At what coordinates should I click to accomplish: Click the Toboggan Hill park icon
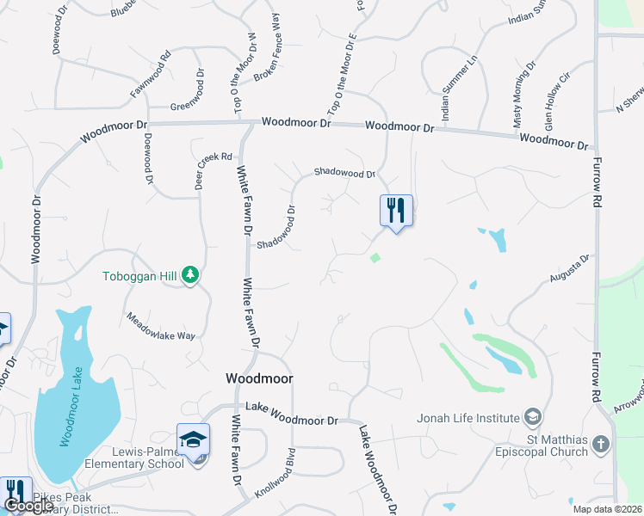point(189,275)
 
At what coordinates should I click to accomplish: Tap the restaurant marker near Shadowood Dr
point(396,209)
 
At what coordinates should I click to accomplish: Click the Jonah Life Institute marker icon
point(533,418)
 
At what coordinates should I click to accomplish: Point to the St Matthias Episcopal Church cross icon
point(601,445)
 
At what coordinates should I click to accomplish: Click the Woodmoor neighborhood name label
point(259,378)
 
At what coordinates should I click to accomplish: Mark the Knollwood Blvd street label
point(284,469)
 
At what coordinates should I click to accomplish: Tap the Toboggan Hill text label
point(139,277)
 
